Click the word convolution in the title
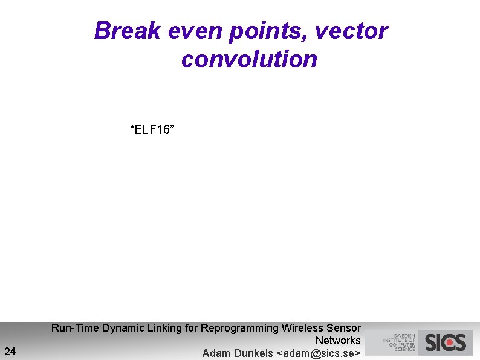(x=248, y=59)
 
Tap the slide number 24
(x=10, y=350)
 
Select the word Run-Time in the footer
(x=75, y=328)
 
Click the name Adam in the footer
(x=216, y=353)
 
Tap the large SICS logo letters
(x=446, y=342)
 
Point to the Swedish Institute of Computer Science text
(x=399, y=342)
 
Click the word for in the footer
(x=191, y=328)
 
